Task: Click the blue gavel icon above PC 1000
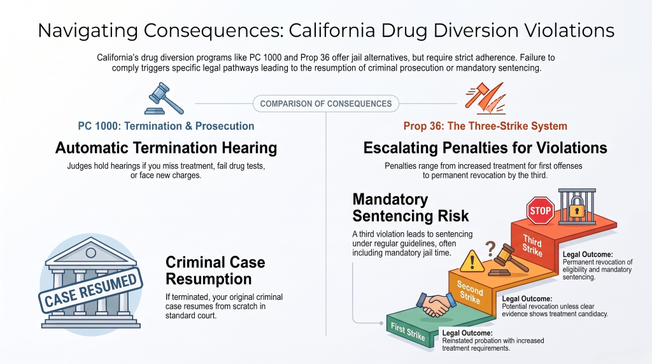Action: tap(164, 99)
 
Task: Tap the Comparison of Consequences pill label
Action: tap(326, 104)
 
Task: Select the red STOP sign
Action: tap(540, 211)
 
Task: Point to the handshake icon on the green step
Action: tap(436, 305)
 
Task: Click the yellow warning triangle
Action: tap(472, 262)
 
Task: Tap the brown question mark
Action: tap(491, 248)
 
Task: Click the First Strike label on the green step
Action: tap(408, 331)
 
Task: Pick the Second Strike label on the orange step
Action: tap(470, 292)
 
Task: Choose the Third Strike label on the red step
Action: tap(532, 246)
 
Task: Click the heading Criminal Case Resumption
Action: tap(215, 270)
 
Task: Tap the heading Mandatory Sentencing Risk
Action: tap(411, 207)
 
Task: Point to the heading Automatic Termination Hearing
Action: tap(166, 148)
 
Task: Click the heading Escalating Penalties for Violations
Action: tap(485, 148)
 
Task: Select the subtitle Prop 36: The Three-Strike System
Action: tap(485, 126)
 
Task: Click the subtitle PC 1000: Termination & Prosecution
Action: tap(166, 126)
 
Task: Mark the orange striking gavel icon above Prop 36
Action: tap(486, 99)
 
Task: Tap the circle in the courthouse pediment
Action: tap(90, 253)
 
